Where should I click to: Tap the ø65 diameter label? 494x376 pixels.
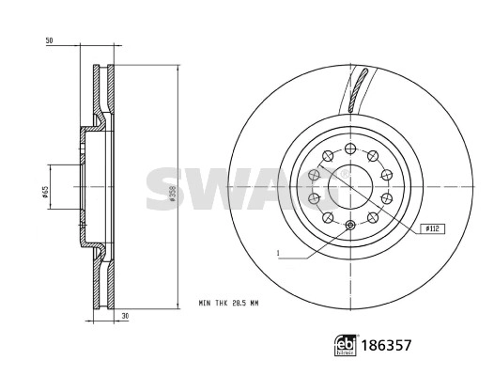coord(44,193)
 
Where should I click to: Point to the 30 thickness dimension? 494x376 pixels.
coord(124,317)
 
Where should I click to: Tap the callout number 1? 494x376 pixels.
coord(279,253)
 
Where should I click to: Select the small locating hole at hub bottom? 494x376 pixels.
coord(349,225)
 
